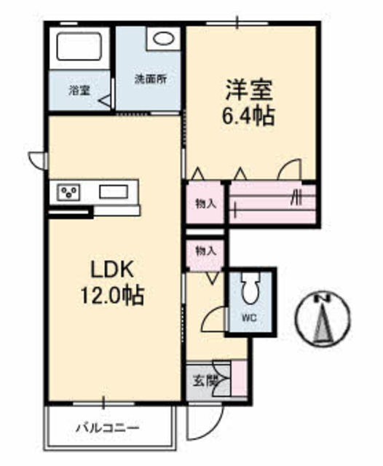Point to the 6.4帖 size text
click(248, 116)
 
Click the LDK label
click(111, 269)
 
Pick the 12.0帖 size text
click(111, 295)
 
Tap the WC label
click(248, 317)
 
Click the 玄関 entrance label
click(206, 379)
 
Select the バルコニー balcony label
click(107, 427)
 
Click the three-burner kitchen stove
click(71, 193)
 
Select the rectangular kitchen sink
click(117, 193)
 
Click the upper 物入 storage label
click(205, 203)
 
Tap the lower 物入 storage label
click(205, 250)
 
